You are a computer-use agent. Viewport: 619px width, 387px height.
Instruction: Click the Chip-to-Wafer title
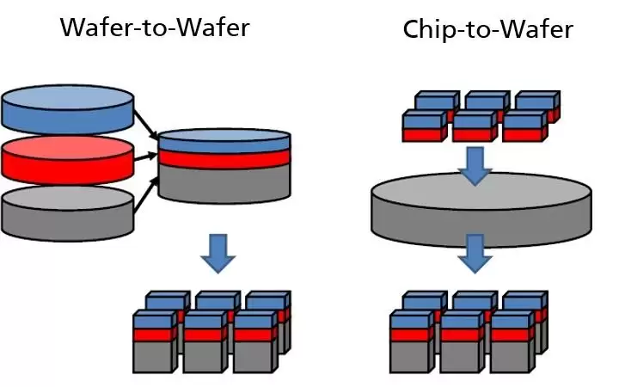pyautogui.click(x=488, y=30)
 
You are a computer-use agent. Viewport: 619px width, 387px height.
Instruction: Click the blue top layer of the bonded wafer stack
pyautogui.click(x=225, y=138)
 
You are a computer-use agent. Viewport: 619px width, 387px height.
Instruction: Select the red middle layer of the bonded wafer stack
pyautogui.click(x=225, y=159)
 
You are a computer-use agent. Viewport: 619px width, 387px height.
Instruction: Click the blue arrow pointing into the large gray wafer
pyautogui.click(x=474, y=164)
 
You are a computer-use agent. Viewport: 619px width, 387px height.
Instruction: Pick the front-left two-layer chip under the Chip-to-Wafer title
pyautogui.click(x=423, y=127)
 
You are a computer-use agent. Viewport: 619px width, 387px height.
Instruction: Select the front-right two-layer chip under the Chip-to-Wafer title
pyautogui.click(x=523, y=127)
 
